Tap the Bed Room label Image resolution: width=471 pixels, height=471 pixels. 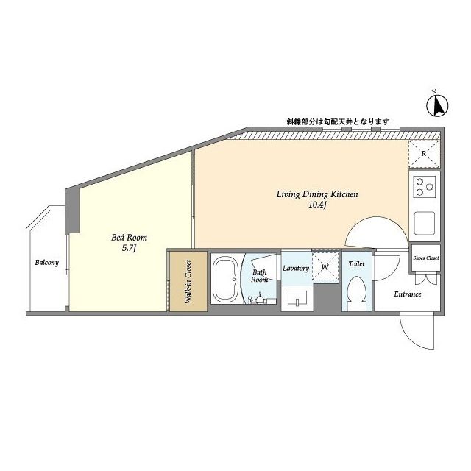[x=130, y=238]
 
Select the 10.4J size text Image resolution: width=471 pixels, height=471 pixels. [x=317, y=205]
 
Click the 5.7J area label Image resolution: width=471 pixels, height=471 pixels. [x=130, y=248]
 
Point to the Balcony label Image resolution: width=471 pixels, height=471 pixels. [x=47, y=263]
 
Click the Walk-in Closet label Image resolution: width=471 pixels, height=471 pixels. [x=188, y=282]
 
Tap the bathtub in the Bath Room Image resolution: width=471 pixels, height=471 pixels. [x=225, y=280]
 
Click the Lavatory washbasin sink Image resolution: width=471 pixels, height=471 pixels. [x=297, y=298]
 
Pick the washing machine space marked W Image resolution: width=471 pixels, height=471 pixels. [x=325, y=266]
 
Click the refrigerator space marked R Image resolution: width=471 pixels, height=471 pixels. [x=424, y=154]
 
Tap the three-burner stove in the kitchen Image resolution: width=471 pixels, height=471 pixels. [x=425, y=186]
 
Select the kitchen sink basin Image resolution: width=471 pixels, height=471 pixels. [x=424, y=223]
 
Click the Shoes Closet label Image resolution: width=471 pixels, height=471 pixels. [x=425, y=258]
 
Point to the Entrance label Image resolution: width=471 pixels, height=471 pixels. [x=408, y=294]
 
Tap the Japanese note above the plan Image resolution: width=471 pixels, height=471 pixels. [x=338, y=121]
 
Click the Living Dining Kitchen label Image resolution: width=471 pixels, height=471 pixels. [x=317, y=194]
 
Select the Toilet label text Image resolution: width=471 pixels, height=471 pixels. [x=356, y=264]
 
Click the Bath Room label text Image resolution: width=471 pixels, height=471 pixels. [x=259, y=276]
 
